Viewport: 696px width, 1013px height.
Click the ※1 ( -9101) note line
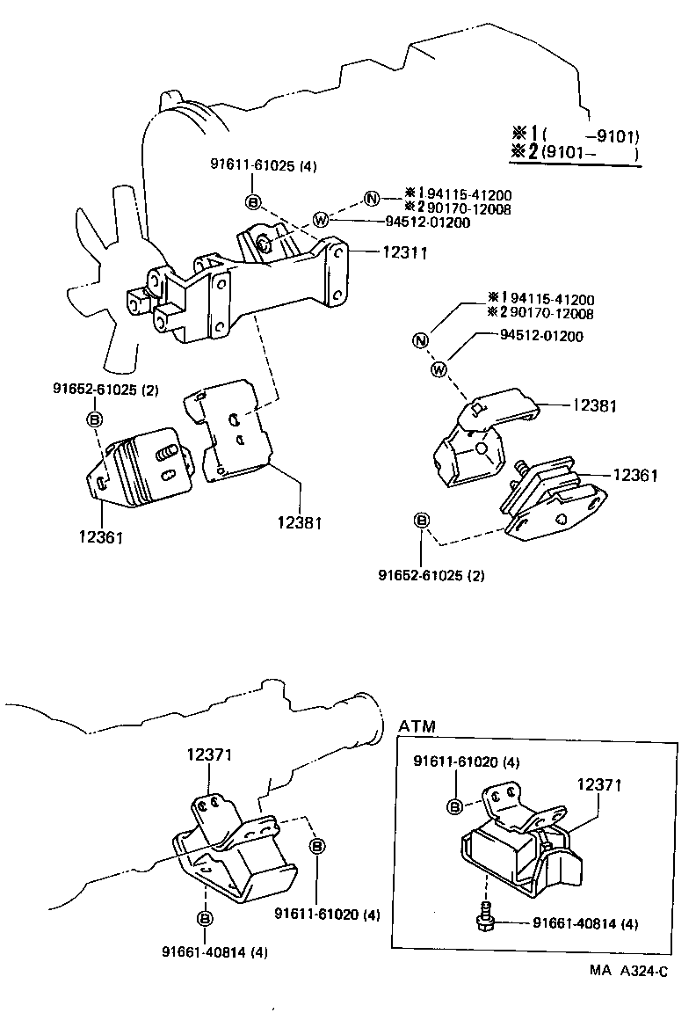click(576, 135)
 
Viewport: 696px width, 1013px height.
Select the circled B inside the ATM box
click(455, 806)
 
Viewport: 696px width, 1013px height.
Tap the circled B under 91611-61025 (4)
click(253, 203)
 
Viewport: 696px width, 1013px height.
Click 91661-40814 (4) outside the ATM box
click(214, 952)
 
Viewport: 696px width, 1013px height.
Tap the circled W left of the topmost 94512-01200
click(322, 221)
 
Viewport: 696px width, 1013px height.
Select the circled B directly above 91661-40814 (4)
click(204, 919)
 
